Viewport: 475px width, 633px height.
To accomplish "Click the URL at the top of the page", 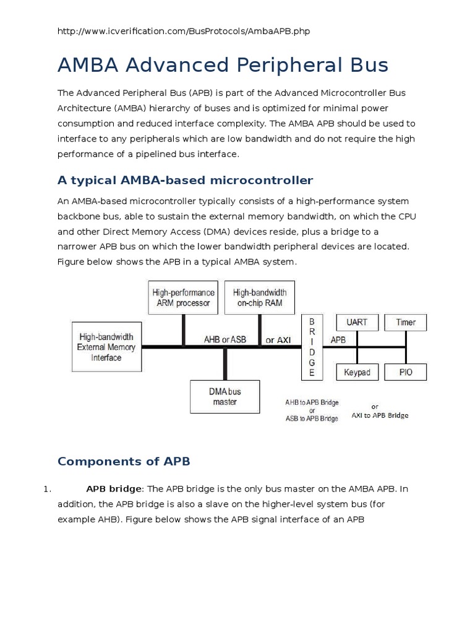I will point(183,31).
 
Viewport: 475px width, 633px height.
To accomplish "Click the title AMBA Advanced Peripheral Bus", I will point(223,65).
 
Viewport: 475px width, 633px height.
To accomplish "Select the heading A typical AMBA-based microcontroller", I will point(186,181).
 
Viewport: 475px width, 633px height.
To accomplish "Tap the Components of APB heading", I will point(124,461).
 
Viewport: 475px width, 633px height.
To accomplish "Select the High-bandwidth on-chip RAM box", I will point(260,297).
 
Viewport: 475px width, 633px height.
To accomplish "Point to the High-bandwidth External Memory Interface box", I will point(107,347).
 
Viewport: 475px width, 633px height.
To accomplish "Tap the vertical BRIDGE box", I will point(312,347).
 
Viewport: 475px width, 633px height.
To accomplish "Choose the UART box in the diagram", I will point(357,322).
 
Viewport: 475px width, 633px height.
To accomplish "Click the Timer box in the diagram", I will point(406,322).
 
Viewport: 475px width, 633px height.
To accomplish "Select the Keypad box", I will point(357,372).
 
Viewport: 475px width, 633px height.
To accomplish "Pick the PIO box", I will point(406,372).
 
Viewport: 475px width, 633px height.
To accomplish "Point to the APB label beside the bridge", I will point(338,339).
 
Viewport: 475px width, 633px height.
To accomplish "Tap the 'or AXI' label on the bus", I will point(278,339).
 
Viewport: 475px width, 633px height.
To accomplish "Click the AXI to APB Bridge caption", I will point(380,415).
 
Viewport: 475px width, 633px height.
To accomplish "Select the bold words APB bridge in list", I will point(114,489).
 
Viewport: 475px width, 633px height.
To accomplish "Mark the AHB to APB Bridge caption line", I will point(312,402).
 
